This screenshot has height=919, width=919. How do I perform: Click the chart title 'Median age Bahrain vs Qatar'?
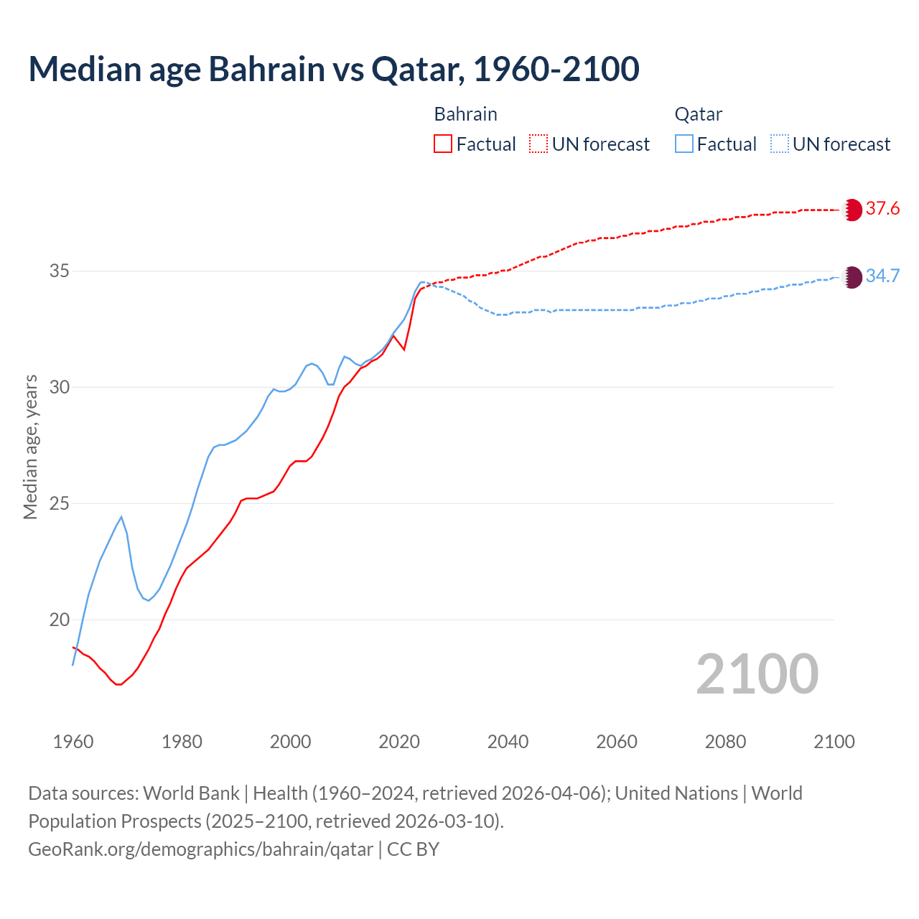[x=333, y=70]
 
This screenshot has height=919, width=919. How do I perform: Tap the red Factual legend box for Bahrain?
[x=443, y=144]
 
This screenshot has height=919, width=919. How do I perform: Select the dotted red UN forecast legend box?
[x=538, y=144]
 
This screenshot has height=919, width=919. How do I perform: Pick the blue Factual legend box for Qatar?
[x=684, y=144]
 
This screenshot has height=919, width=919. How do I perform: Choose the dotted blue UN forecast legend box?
[x=779, y=144]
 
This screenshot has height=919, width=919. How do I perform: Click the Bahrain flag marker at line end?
[x=852, y=210]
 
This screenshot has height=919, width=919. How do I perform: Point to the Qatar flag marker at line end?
[x=852, y=277]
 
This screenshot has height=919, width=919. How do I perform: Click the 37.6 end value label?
[x=882, y=209]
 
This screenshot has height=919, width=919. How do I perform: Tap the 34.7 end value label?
[x=882, y=276]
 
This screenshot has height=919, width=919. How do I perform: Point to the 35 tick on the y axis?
[x=60, y=271]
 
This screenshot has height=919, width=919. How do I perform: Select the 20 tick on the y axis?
[x=60, y=620]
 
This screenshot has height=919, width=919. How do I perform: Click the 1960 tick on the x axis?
[x=73, y=742]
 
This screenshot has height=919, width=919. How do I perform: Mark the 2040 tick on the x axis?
[x=508, y=742]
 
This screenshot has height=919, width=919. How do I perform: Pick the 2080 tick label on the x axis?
[x=725, y=742]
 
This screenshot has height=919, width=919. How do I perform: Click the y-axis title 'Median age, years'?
[x=30, y=447]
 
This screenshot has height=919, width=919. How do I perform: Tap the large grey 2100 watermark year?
[x=757, y=674]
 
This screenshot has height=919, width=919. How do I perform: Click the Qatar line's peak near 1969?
[x=121, y=517]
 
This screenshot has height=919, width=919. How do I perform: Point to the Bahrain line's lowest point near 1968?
[x=118, y=684]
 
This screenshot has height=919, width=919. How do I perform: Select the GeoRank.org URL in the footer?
[x=200, y=849]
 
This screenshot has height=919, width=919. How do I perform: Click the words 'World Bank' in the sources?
[x=191, y=793]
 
